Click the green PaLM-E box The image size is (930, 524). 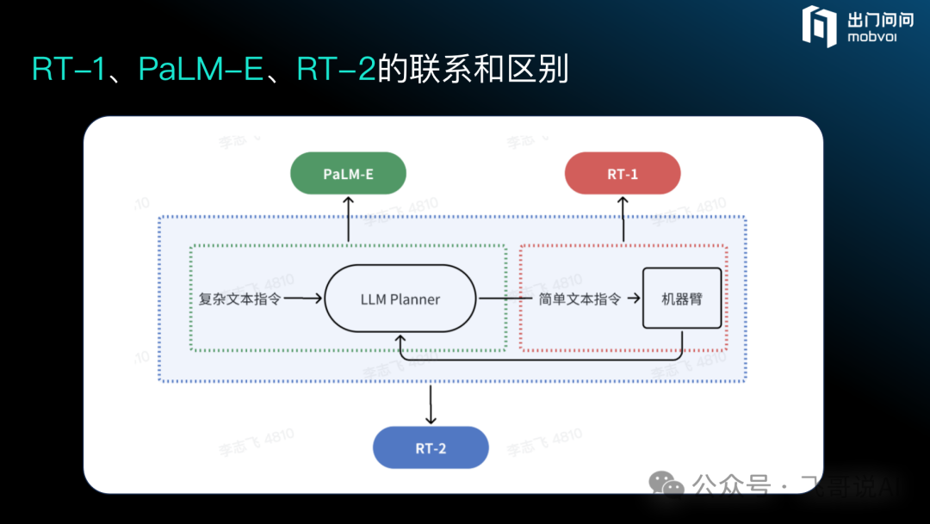pos(348,173)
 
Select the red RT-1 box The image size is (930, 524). pos(623,173)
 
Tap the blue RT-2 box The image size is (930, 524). pos(431,447)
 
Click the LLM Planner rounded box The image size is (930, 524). pos(400,299)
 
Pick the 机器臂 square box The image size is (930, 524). pos(682,299)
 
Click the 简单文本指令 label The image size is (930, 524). pos(580,299)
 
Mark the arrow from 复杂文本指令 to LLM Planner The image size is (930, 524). pos(303,299)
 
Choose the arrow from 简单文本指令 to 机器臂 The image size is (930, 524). pos(633,299)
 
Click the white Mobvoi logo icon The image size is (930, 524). pos(819,26)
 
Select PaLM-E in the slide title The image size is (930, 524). pos(200,69)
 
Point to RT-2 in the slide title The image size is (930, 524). pos(337,69)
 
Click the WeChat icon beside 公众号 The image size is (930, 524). pos(666,484)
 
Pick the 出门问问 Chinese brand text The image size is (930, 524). pos(877,18)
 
